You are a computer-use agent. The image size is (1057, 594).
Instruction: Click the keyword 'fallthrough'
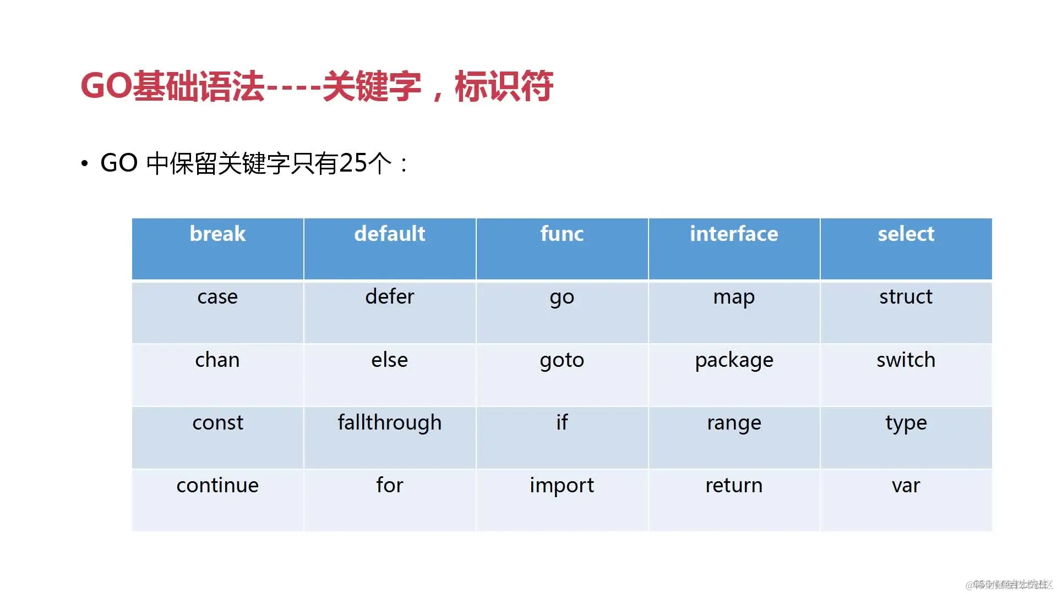(389, 423)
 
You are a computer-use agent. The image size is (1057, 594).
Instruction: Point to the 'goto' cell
(562, 360)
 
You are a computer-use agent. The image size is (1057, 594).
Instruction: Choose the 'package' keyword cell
(734, 360)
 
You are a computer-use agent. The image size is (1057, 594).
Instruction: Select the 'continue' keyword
(217, 486)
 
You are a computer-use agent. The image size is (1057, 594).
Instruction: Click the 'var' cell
(906, 486)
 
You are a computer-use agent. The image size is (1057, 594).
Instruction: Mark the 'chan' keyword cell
(217, 360)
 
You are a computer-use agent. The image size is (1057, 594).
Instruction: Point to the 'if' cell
(562, 423)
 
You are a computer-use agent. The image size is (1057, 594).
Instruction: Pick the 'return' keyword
(734, 486)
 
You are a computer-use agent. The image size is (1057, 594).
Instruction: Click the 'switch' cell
(906, 360)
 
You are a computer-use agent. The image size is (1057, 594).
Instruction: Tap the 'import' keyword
(562, 486)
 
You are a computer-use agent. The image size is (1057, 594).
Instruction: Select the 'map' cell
(734, 297)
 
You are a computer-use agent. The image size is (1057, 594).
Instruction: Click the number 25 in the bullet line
(353, 163)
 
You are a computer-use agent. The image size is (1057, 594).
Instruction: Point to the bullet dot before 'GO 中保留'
(84, 163)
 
